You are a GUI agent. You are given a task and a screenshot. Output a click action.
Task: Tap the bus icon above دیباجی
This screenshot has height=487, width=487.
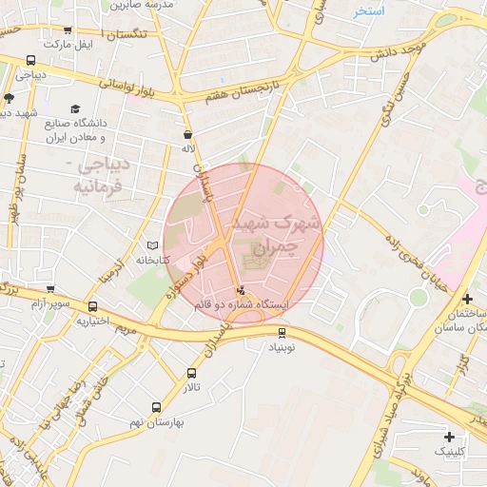pos(30,60)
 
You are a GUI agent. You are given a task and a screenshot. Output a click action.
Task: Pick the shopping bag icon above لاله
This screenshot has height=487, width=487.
pos(188,134)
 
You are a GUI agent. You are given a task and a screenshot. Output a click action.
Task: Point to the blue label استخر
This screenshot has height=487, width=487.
pos(368,11)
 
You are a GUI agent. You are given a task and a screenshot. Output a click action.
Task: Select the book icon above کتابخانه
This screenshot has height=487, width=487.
pos(140,245)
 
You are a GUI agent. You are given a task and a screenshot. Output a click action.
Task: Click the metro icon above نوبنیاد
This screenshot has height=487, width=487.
pos(282,332)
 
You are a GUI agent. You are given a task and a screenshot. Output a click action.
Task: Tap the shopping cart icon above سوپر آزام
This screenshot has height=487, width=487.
pos(50,289)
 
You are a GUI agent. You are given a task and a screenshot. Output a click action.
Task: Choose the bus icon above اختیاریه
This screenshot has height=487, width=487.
pos(92,306)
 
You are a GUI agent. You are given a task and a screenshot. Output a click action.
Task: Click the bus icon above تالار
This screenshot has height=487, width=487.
pos(192,374)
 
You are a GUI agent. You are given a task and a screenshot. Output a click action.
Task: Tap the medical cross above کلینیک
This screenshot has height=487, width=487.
pos(449,437)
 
